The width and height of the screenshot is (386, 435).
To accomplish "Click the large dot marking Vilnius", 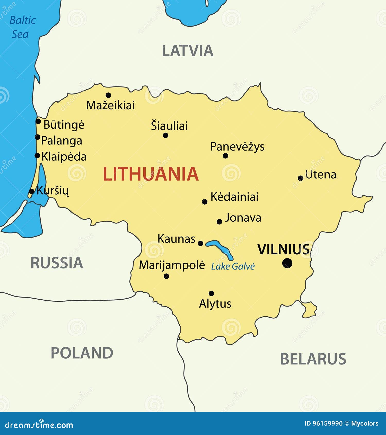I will [287, 263].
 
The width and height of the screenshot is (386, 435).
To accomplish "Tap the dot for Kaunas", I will [200, 243].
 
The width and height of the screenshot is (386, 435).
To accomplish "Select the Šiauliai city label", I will [169, 126].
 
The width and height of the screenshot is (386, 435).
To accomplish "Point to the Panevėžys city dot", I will [225, 156].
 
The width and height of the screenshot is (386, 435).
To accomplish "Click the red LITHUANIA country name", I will [151, 174].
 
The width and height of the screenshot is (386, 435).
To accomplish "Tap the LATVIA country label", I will [187, 51].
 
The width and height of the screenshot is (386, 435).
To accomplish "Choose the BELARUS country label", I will [313, 359].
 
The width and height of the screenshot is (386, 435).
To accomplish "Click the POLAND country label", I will [82, 353].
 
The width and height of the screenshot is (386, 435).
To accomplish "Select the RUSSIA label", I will [57, 263].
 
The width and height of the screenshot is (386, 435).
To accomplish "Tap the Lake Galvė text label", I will [233, 266].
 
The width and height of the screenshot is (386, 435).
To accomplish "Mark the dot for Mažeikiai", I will [108, 95].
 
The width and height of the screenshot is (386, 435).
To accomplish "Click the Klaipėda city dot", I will [37, 155].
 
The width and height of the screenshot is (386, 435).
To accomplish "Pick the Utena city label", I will [321, 175].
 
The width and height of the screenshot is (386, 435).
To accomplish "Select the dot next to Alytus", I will [211, 293].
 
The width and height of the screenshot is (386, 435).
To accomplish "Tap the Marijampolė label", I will [172, 265].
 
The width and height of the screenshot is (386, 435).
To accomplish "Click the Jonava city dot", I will [219, 222].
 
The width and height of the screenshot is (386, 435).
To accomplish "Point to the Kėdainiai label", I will [234, 197].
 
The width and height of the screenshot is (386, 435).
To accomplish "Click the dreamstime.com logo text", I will [39, 425].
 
